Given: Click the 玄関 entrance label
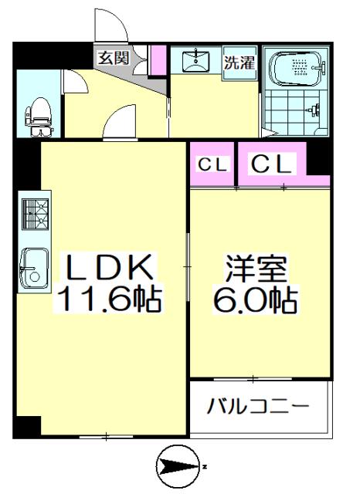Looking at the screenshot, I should [x=113, y=56].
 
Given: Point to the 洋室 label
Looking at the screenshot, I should [x=256, y=270].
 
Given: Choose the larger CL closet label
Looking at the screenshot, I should [x=270, y=164].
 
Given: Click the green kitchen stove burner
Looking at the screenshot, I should [x=34, y=214].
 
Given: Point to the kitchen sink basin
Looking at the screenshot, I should [x=33, y=266].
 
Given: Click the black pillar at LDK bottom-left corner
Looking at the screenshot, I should [x=29, y=425].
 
